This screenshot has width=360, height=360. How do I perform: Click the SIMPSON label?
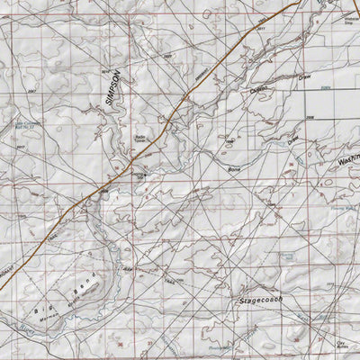pos(114,91)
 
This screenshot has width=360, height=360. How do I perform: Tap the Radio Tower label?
pos(142,139)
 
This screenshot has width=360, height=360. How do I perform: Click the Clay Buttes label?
pos(341,344)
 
